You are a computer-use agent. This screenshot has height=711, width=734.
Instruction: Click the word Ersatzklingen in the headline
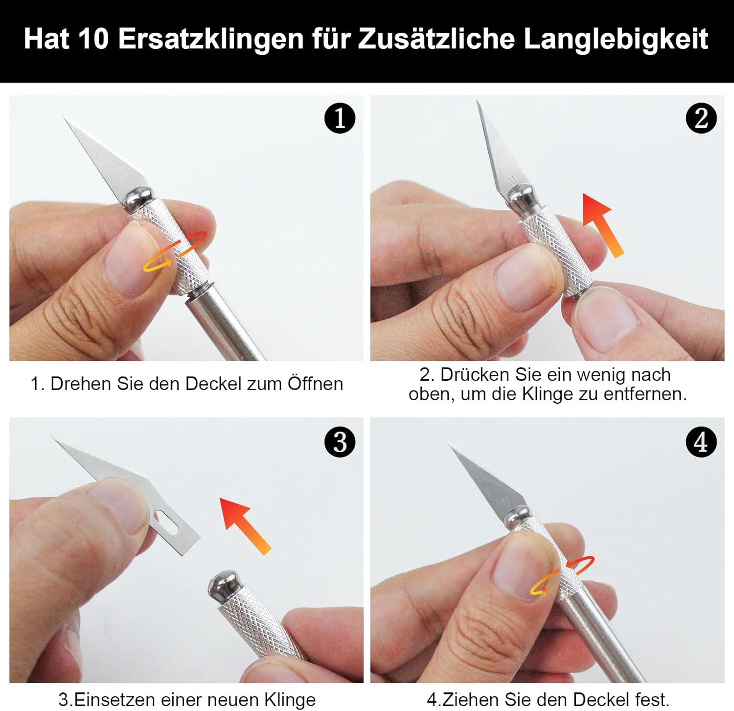coord(211,39)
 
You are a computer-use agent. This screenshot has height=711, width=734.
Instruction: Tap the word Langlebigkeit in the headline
coord(616,39)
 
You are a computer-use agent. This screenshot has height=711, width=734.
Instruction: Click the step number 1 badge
coord(340,118)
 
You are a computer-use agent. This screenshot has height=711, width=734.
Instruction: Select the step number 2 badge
coord(701,118)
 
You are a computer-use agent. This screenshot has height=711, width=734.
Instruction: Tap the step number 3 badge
coord(340,442)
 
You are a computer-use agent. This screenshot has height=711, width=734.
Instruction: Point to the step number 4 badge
coord(701,442)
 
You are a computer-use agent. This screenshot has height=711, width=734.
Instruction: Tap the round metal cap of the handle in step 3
coord(224,585)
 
